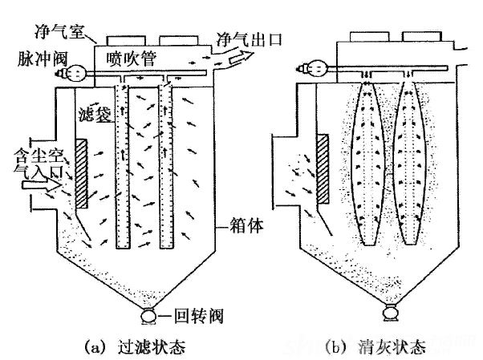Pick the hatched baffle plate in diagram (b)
point(323,168)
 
